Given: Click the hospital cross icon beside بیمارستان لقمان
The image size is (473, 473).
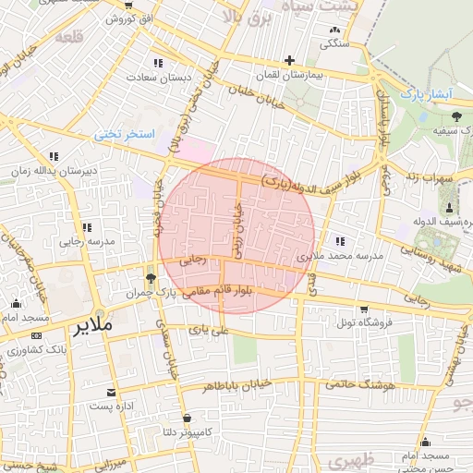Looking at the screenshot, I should tap(290, 61).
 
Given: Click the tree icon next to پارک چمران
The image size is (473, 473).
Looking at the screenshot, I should tap(151, 276).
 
